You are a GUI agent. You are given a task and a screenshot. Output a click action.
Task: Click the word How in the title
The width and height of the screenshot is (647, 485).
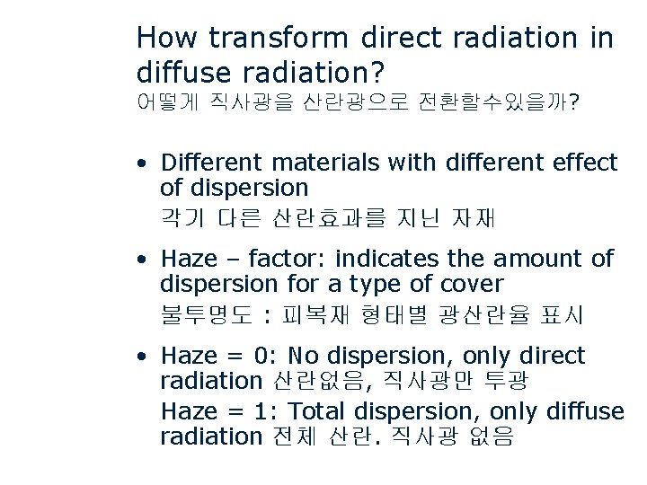(168, 38)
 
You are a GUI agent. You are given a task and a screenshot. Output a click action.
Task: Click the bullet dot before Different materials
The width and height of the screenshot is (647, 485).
(143, 164)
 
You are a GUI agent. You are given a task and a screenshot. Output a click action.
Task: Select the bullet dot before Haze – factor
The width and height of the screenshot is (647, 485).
(143, 260)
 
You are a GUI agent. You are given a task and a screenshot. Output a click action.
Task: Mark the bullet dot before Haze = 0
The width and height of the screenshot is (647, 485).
(143, 357)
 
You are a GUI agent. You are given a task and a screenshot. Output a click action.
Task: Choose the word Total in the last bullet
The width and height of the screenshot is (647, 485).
(319, 411)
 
